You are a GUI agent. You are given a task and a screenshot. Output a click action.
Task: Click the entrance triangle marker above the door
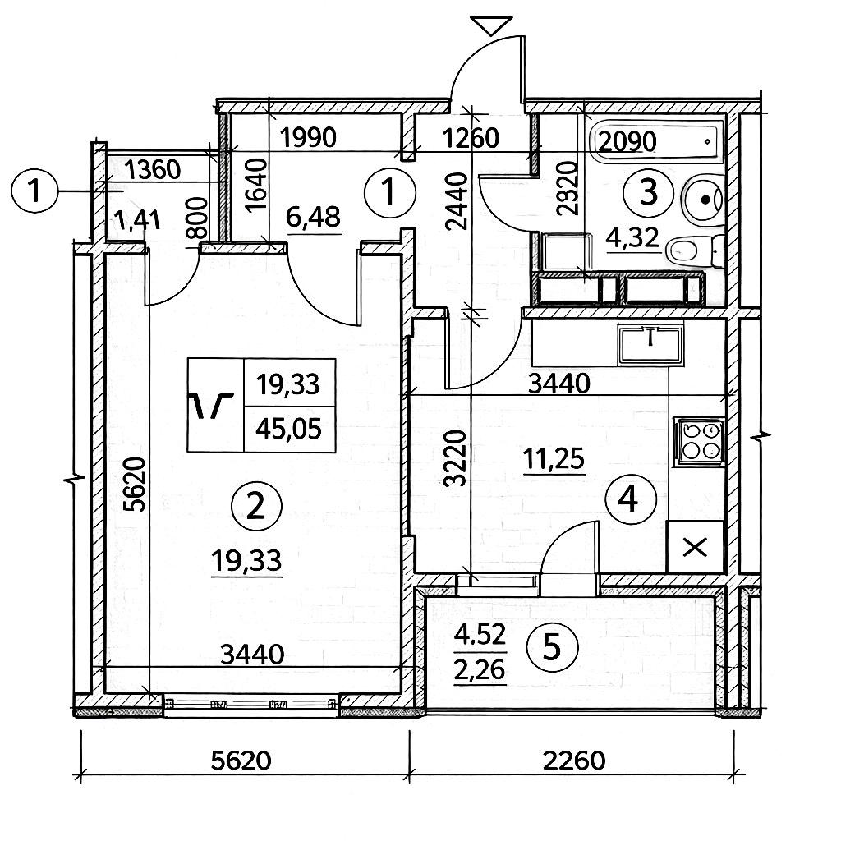[494, 25]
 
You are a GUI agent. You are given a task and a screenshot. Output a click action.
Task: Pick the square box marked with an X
[695, 546]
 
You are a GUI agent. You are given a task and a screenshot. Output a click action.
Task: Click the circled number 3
[649, 193]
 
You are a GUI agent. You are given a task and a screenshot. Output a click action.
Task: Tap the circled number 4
[629, 498]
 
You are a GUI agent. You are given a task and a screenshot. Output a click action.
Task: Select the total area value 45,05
[288, 428]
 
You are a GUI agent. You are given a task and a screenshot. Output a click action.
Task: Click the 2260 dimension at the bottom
[575, 760]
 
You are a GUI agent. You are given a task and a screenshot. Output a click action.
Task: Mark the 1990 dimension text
[308, 137]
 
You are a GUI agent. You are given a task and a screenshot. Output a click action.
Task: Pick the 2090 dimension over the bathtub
[628, 142]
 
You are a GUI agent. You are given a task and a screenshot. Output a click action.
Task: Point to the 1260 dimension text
[470, 137]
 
